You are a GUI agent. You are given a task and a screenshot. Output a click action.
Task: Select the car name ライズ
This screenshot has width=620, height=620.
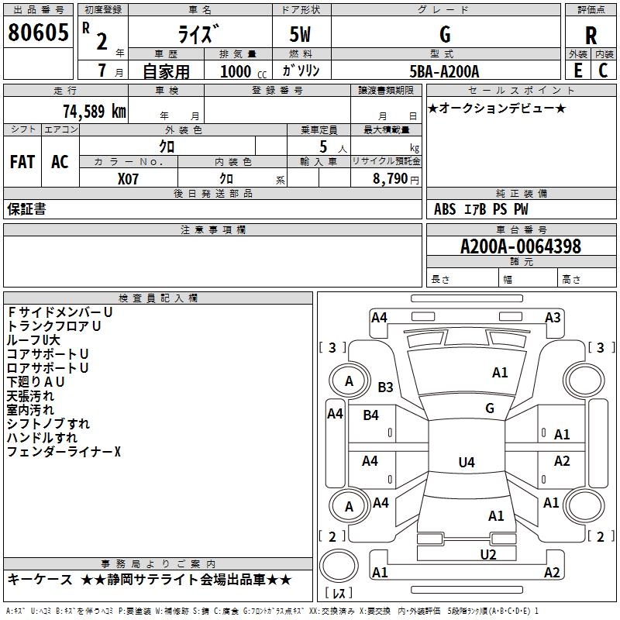(x=199, y=34)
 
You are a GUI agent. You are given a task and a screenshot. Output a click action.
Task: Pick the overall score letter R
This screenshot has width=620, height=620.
(x=591, y=36)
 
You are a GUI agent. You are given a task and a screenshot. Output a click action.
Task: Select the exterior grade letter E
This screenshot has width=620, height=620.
(x=577, y=71)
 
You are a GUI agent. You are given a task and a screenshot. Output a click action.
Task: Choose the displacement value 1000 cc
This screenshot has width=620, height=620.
(x=242, y=72)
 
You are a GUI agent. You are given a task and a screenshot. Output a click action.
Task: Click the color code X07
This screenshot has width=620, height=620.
(x=129, y=179)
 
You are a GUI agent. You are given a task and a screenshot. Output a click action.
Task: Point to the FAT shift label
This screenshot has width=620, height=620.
(x=22, y=162)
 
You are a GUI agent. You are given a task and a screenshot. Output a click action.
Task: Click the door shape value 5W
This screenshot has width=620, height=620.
(x=303, y=35)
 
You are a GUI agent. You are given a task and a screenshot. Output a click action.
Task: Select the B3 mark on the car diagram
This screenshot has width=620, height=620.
(x=385, y=387)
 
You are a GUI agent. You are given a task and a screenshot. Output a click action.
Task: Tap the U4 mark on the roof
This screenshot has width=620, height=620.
(x=466, y=463)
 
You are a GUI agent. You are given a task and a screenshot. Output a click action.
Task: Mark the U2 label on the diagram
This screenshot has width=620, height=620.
(x=487, y=554)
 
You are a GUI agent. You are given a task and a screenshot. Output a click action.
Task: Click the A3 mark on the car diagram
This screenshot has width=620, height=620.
(x=552, y=317)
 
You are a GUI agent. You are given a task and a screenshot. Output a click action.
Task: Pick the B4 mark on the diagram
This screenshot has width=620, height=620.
(x=371, y=415)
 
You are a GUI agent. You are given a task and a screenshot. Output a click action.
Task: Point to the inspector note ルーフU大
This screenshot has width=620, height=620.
(x=33, y=339)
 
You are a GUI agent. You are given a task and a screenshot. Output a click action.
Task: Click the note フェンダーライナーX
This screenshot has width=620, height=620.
(x=64, y=451)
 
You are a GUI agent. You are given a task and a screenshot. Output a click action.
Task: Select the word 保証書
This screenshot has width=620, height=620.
(x=26, y=209)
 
